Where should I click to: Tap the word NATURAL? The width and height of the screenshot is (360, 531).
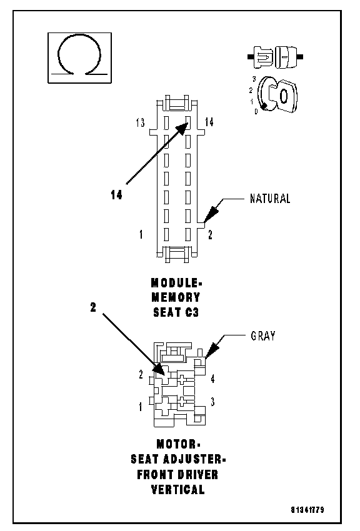[270, 199]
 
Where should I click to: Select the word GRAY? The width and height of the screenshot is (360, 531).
[263, 336]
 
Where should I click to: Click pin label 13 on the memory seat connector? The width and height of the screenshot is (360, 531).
[140, 122]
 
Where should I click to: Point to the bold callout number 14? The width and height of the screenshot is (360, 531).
[116, 195]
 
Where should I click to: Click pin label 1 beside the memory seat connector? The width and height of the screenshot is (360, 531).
[141, 234]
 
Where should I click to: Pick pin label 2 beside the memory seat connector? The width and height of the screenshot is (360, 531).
[210, 235]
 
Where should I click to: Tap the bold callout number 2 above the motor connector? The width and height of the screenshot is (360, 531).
[93, 307]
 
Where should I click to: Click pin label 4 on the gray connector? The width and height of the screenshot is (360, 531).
[212, 379]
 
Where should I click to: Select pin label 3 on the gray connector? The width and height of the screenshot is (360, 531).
[212, 402]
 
